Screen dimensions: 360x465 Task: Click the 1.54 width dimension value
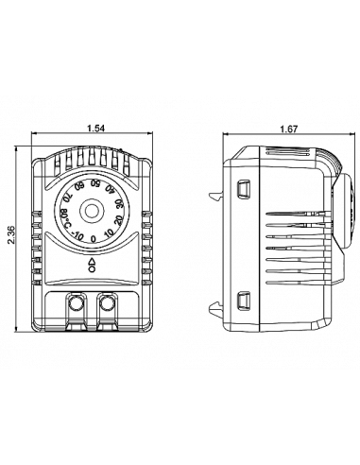point(95,129)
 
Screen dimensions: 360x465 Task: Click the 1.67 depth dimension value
point(288,129)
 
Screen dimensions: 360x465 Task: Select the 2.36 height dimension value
point(11,234)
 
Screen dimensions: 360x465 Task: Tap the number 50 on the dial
point(95,182)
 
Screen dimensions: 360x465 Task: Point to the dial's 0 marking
point(93,239)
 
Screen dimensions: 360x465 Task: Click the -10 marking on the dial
point(77,235)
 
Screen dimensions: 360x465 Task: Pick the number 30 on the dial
point(119,204)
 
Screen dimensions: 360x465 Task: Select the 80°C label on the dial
point(66,218)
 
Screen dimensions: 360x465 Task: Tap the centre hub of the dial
point(92,211)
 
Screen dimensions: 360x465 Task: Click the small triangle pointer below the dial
point(93,261)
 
